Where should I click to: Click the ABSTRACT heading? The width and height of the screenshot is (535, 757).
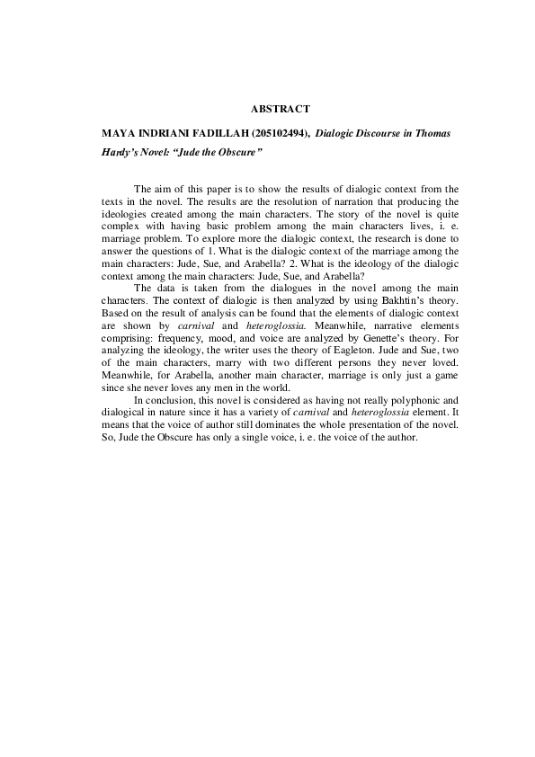[280, 109]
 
